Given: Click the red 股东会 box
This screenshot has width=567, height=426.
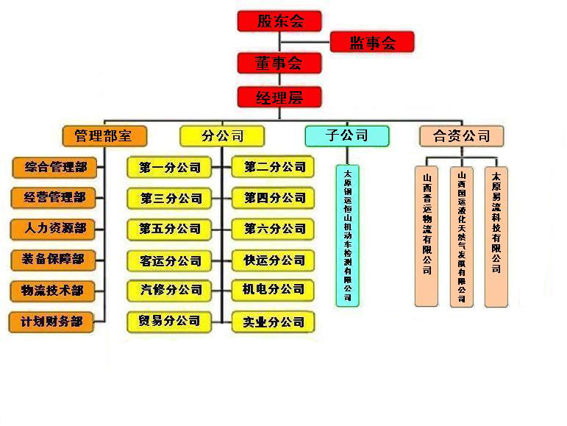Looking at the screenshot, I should point(279,21).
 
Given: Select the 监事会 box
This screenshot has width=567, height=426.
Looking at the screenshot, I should point(372,43).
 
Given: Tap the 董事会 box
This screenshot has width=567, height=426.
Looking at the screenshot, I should point(279,63).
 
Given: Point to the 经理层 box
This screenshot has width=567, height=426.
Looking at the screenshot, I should point(279,97).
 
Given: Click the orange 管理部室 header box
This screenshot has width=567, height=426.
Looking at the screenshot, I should point(105,135).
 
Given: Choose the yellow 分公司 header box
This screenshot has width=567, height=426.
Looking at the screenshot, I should point(221,135).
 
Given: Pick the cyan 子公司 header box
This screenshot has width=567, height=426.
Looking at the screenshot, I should point(346,135).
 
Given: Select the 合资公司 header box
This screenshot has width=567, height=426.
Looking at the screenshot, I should point(461,135).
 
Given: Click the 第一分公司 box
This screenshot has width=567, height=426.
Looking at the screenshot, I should point(169,167).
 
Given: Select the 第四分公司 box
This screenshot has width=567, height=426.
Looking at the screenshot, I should point(274,198).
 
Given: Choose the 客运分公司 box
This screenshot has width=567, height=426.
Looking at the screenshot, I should point(169,260).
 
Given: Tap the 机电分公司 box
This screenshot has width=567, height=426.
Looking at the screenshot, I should point(274,289).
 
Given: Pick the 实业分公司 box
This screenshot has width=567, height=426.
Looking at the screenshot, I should point(274,322).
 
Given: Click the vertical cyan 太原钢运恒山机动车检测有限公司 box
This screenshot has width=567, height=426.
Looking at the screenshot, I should point(348,235).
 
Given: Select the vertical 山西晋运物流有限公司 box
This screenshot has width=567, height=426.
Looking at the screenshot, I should point(427,235).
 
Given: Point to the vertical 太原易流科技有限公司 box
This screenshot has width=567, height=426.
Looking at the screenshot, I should point(496,235).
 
